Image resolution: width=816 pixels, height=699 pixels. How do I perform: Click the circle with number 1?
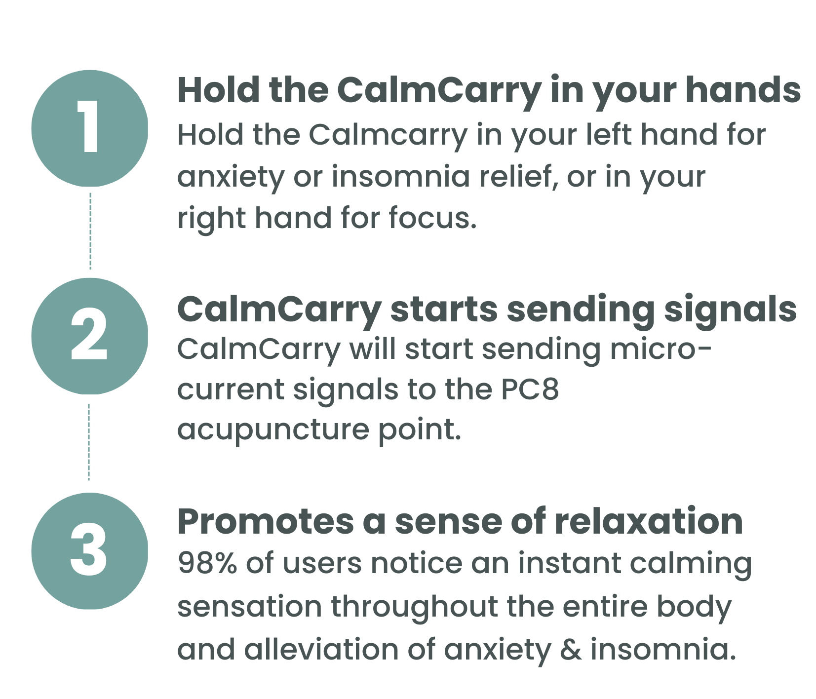tap(90, 128)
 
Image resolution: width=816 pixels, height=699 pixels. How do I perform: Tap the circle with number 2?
tap(90, 336)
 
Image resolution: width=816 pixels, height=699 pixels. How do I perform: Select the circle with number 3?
tap(90, 551)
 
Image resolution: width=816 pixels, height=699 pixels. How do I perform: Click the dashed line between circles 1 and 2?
tap(90, 231)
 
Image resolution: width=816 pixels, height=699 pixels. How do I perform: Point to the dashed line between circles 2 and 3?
tap(89, 442)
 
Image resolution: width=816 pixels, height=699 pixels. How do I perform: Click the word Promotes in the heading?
tap(266, 521)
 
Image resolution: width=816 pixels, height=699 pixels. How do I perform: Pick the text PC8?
tap(530, 389)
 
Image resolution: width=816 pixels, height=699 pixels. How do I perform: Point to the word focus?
tap(432, 218)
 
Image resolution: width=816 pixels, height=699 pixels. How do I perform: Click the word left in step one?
tap(608, 134)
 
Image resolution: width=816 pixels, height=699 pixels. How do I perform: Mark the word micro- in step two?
tap(661, 349)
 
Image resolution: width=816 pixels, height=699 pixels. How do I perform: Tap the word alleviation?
tap(321, 649)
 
